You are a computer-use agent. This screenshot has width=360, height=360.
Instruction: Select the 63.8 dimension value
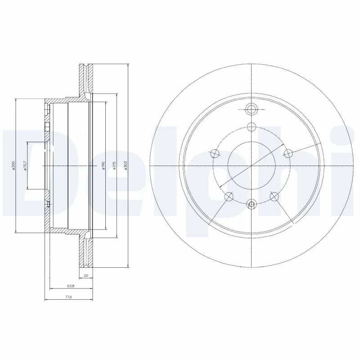71,285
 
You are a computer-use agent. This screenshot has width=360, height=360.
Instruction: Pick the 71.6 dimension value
68,297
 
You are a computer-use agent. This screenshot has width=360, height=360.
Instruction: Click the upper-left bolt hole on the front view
215,153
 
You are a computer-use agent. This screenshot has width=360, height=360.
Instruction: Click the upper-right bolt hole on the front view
288,153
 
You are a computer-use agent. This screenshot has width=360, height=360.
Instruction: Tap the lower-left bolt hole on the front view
229,196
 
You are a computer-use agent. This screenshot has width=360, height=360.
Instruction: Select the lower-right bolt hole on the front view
274,196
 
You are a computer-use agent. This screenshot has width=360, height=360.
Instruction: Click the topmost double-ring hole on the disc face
251,108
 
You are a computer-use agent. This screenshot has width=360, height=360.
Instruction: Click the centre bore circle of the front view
251,166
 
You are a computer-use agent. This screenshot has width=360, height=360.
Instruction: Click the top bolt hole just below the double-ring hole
251,127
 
